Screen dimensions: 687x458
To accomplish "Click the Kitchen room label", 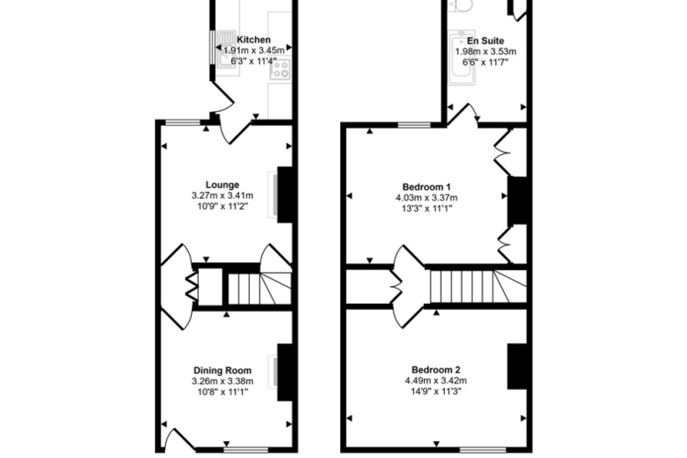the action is click(x=253, y=40).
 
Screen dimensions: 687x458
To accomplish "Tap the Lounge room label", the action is click(x=223, y=185).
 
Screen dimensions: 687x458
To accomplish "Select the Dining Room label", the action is click(x=223, y=371).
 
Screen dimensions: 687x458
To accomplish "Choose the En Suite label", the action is click(x=486, y=41).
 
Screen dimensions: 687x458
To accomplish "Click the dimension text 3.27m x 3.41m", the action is click(x=223, y=196).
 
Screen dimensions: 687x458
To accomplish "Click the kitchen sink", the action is click(x=227, y=48).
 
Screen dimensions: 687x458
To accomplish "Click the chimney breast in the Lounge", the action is click(x=285, y=195).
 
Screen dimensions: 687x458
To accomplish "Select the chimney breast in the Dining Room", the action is click(x=285, y=372).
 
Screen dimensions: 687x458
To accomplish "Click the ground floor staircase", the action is click(x=260, y=289).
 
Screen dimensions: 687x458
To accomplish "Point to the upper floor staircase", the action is click(x=478, y=287).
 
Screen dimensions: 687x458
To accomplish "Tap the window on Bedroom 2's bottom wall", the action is click(x=483, y=450).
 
